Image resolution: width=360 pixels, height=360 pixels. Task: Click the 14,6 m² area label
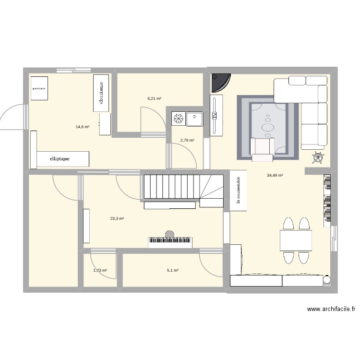83,127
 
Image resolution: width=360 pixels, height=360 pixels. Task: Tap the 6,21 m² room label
154,98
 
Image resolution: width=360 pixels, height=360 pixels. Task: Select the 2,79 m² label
187,140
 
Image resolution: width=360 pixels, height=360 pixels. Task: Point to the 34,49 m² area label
275,175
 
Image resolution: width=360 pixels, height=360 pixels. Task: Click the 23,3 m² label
117,218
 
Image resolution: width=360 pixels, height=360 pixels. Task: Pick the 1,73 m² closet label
100,270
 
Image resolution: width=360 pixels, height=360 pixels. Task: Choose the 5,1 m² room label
173,270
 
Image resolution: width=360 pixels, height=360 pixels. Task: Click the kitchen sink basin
195,118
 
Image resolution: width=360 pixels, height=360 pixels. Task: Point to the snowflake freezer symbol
179,118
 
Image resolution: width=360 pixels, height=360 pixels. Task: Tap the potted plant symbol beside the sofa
318,156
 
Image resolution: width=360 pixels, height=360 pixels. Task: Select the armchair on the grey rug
262,149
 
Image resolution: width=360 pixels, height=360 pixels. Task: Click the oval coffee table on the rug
268,128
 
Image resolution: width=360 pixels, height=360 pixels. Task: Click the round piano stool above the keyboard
169,234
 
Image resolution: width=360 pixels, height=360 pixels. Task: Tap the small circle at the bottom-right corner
327,279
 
